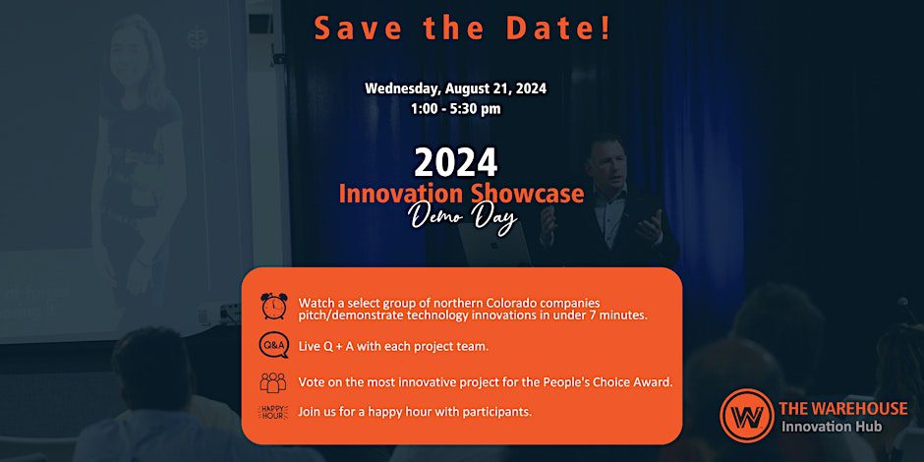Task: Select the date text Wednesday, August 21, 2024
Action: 455,89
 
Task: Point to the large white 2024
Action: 455,162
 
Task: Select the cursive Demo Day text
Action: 463,219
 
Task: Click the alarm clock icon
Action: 274,306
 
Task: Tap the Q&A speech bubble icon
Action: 274,346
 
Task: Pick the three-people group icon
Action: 273,381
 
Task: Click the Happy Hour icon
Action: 273,412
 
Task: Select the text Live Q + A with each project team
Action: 393,347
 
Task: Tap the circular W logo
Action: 747,415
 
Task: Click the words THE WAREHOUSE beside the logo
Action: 843,408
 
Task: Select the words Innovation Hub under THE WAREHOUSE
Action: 832,426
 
